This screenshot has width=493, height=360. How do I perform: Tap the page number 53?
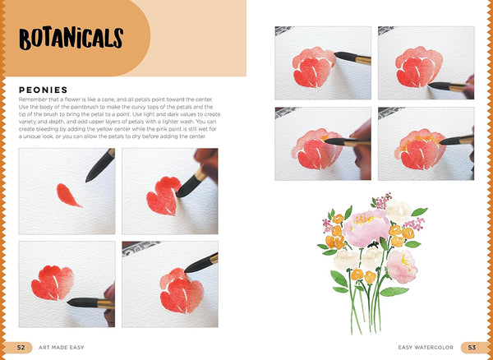pos(472,348)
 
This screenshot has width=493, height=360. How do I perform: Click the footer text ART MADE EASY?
pos(61,348)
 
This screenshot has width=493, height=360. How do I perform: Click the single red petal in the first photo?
pos(68,195)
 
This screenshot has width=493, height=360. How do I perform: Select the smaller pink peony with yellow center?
pos(403,265)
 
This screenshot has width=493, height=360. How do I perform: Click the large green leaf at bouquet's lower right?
pos(394,291)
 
